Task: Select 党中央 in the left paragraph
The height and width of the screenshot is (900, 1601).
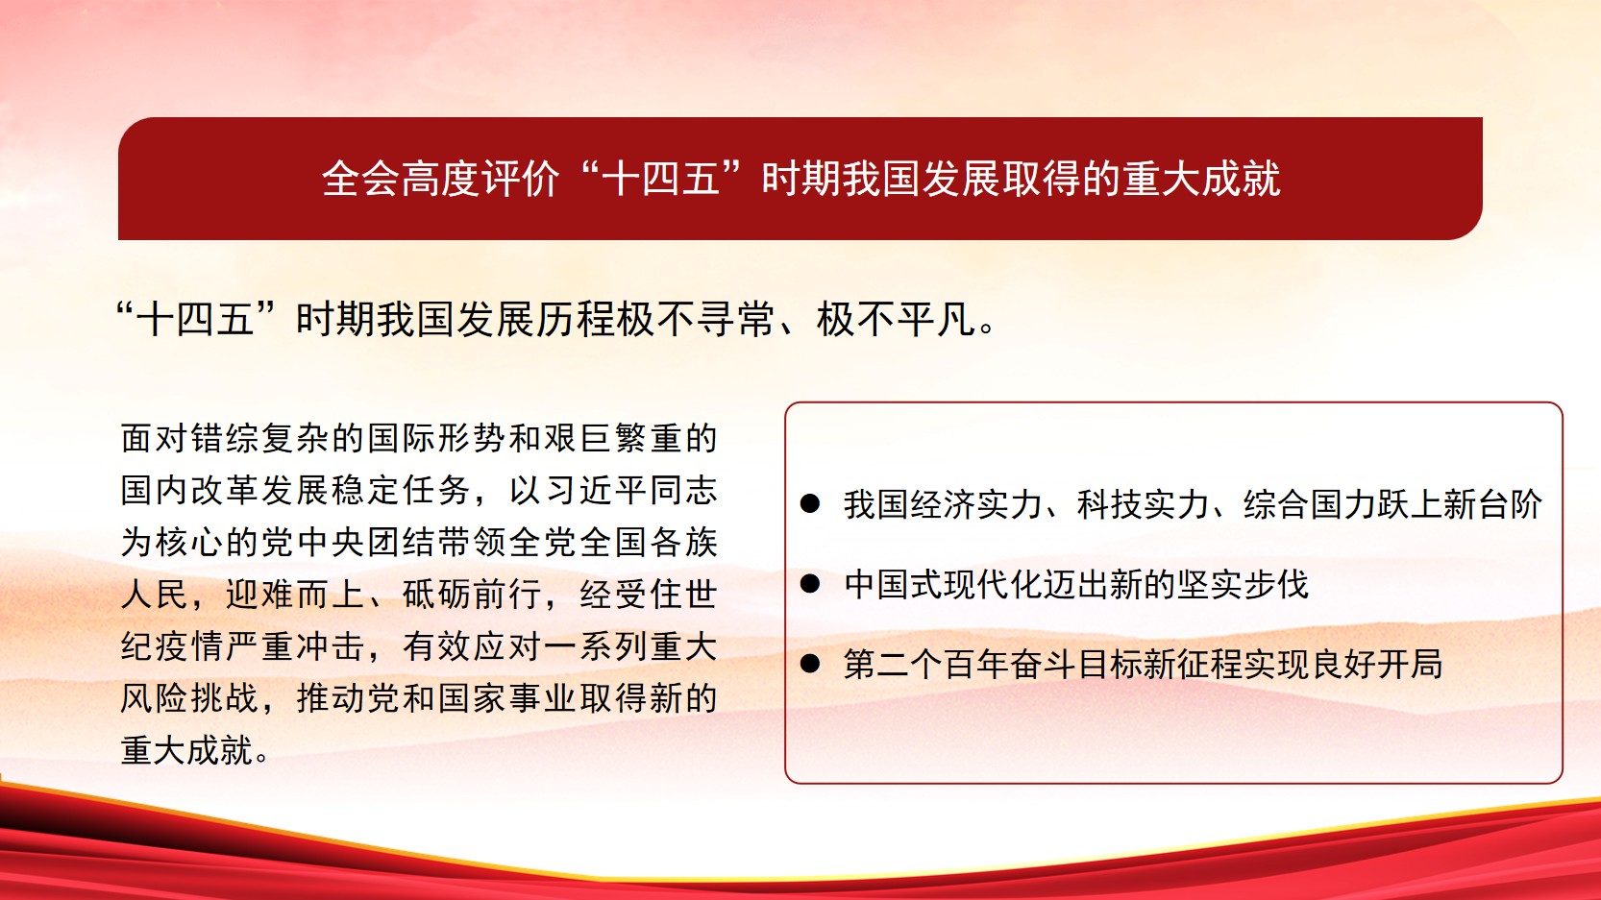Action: [x=313, y=542]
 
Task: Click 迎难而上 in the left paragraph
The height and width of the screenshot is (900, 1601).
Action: [x=294, y=595]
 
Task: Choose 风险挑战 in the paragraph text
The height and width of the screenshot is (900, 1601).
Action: [x=188, y=698]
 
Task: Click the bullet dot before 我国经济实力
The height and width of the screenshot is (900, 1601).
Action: [x=810, y=503]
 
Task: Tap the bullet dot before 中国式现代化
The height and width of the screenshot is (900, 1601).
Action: [x=810, y=584]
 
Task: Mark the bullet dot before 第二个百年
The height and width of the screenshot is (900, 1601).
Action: [x=810, y=665]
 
